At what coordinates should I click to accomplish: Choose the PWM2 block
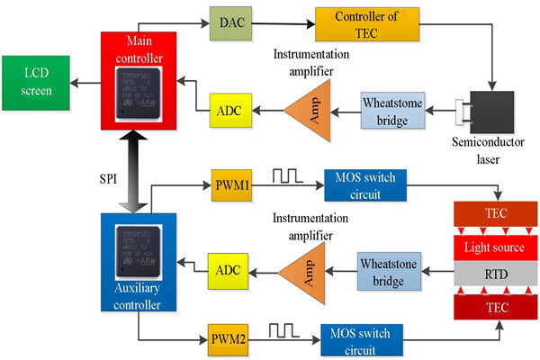pyautogui.click(x=226, y=342)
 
